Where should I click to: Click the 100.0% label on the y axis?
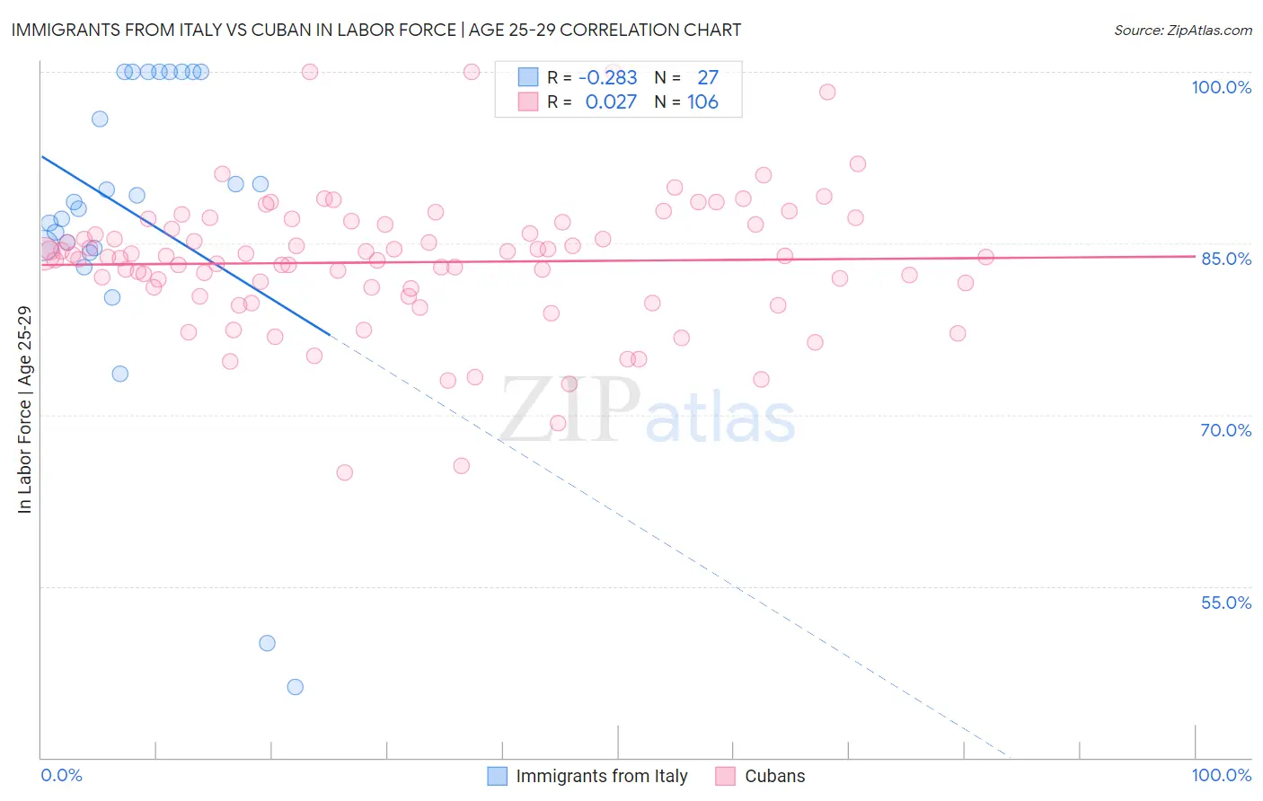pos(1221,87)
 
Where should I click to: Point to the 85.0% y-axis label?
pos(1225,259)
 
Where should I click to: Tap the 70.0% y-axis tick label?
pos(1225,430)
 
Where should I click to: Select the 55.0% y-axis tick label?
pos(1225,603)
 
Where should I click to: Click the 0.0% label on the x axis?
pos(61,775)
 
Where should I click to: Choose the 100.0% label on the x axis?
pos(1221,775)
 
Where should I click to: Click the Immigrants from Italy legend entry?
pos(601,776)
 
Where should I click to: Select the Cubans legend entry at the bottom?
pos(774,776)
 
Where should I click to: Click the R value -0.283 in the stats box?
pos(607,78)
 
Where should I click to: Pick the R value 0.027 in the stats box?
pos(611,102)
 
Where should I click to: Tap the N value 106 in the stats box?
pos(702,102)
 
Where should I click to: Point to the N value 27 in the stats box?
pos(708,78)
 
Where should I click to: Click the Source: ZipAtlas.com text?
pos(1182,31)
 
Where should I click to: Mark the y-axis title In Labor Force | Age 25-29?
pos(24,409)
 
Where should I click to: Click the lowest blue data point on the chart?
pos(295,687)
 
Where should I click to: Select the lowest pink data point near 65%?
pos(344,472)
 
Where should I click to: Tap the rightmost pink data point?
pos(985,257)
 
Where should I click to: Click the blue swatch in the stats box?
pos(527,78)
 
